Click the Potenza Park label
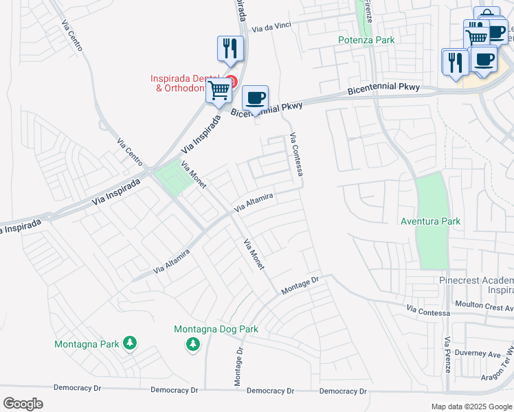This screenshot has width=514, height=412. (366, 40)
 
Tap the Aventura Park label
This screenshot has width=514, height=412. (431, 221)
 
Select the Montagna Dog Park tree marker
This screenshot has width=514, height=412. (194, 343)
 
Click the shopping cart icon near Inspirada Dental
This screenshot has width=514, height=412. (219, 90)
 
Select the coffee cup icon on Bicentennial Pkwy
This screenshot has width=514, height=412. (255, 98)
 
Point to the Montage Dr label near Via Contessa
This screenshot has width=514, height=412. (301, 286)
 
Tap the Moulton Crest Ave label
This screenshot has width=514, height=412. (483, 304)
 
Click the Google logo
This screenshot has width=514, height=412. (23, 404)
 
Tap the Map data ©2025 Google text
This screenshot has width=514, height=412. (471, 407)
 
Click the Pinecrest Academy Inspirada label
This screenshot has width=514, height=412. (476, 286)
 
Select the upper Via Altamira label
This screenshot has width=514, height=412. (254, 202)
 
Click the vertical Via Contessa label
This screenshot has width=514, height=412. (297, 154)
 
